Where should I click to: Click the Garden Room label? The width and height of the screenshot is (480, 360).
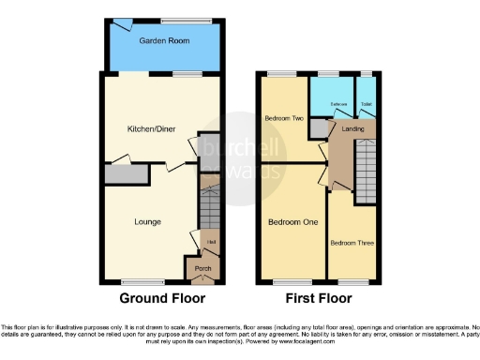159,42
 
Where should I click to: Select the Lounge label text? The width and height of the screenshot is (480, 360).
148,222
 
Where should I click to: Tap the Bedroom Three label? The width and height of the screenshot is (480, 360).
352,243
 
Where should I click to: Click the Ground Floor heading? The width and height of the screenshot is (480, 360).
162,300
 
